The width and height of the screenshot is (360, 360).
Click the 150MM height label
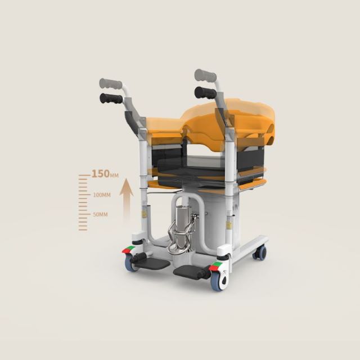point(105,174)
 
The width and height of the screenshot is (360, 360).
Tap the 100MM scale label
point(102,195)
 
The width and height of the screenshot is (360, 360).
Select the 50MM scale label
point(100,215)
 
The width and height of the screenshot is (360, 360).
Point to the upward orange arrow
point(126,199)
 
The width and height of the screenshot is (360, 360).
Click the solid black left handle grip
point(111,98)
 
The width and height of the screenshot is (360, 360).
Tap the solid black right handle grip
point(205,92)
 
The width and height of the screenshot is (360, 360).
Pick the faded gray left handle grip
point(111,84)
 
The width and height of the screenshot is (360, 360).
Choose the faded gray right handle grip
point(205,75)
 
